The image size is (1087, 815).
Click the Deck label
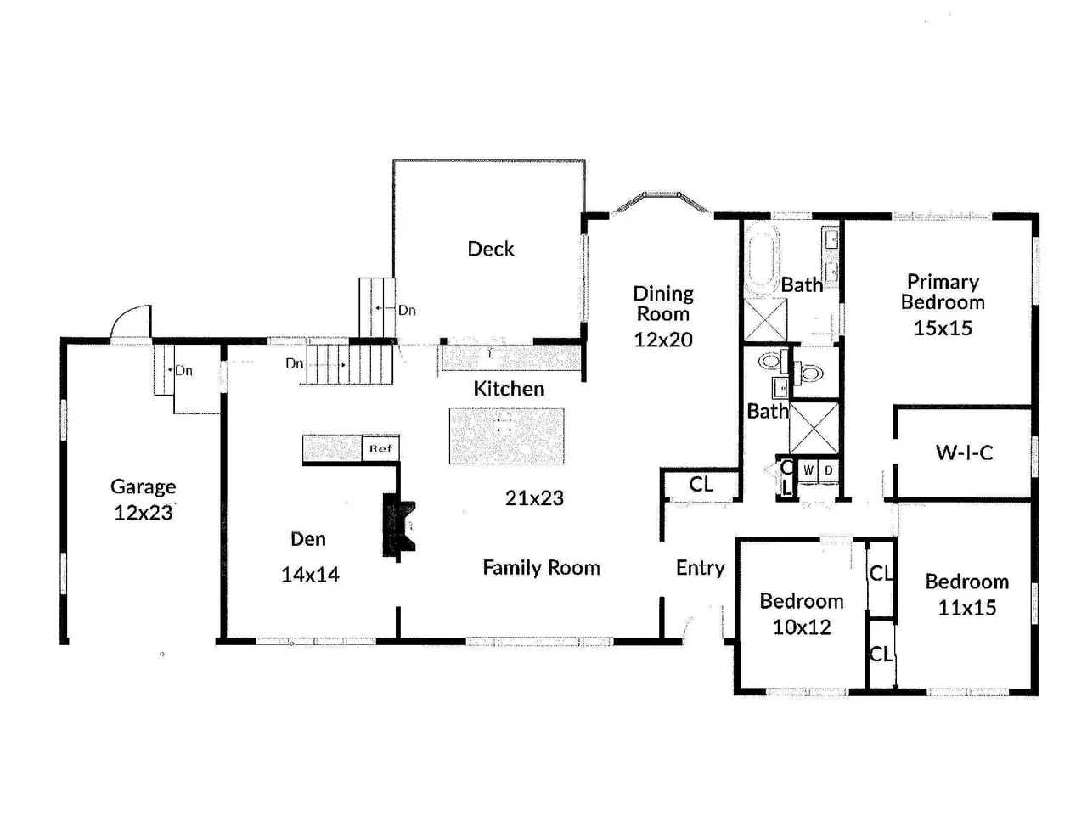[490, 249]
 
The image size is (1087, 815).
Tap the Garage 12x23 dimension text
[144, 513]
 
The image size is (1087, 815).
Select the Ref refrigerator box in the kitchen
[380, 448]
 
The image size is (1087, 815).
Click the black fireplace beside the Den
[398, 526]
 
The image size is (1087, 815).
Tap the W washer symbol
[808, 470]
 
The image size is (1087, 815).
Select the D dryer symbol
[828, 470]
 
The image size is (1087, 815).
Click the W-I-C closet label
[964, 452]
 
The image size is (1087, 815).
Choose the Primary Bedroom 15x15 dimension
[943, 328]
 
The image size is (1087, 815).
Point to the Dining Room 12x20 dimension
[663, 340]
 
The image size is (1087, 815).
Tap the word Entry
[701, 568]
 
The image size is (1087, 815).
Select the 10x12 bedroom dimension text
[802, 627]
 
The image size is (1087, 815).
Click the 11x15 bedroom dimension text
[966, 607]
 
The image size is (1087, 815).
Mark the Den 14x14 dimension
[310, 574]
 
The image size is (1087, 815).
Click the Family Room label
[541, 568]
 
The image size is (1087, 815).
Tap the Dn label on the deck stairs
[407, 310]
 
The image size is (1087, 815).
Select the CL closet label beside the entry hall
[701, 485]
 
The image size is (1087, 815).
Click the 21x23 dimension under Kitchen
[534, 497]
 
